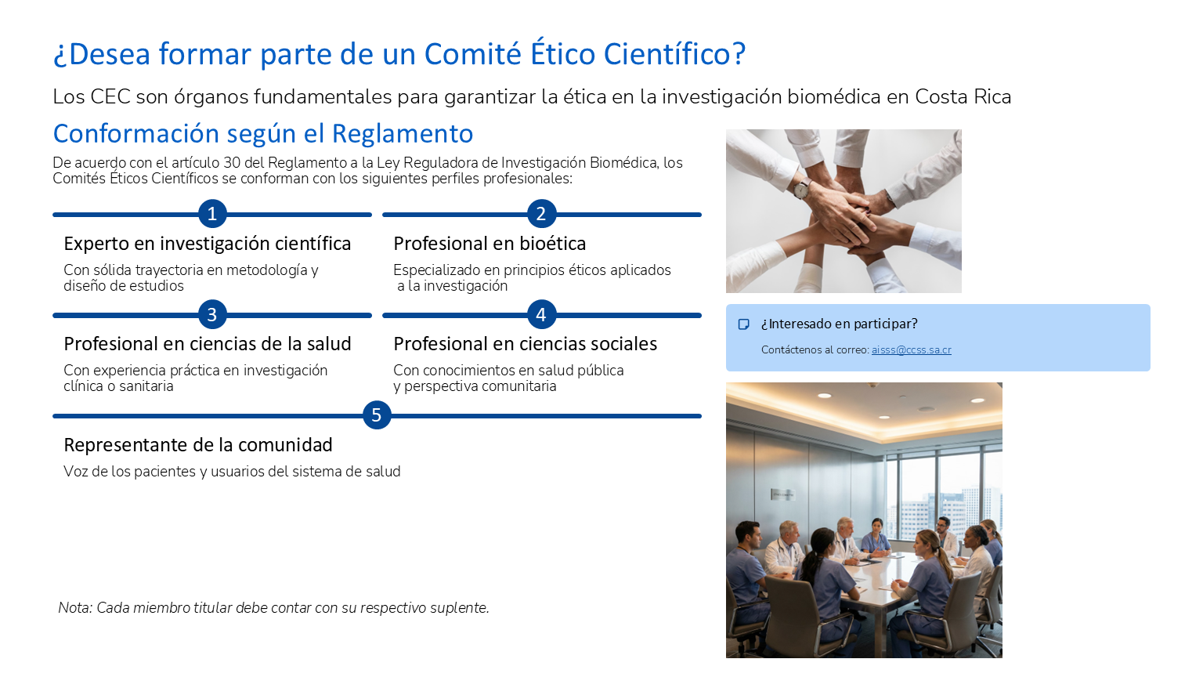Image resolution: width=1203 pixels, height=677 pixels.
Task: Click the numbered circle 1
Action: [x=212, y=214]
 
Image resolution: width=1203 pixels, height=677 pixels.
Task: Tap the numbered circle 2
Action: [x=541, y=214]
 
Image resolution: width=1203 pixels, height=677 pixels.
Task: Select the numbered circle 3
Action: [x=212, y=314]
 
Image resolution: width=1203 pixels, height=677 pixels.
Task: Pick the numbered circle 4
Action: [x=541, y=314]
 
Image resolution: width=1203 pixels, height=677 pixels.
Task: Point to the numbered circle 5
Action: [x=377, y=415]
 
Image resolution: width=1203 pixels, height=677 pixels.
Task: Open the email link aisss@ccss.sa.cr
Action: [x=911, y=349]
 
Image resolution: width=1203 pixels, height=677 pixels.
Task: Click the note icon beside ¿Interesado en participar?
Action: [x=744, y=324]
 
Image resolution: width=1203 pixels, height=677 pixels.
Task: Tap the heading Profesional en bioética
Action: [x=490, y=244]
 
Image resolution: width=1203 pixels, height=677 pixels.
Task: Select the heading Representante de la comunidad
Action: [x=197, y=445]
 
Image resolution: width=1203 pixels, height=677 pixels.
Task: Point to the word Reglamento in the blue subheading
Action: [x=403, y=133]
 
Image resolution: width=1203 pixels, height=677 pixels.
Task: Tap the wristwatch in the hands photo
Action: [x=802, y=188]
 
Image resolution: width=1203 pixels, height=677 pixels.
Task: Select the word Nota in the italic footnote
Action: [x=75, y=608]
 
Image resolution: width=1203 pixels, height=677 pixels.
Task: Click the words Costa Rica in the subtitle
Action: [x=963, y=96]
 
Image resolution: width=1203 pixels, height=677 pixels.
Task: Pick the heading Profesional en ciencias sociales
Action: [x=525, y=344]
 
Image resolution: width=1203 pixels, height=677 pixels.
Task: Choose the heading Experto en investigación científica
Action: [x=207, y=244]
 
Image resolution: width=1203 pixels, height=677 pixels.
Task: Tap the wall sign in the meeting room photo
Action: [x=783, y=494]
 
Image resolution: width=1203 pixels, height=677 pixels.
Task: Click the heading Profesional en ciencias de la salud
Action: [x=207, y=344]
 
